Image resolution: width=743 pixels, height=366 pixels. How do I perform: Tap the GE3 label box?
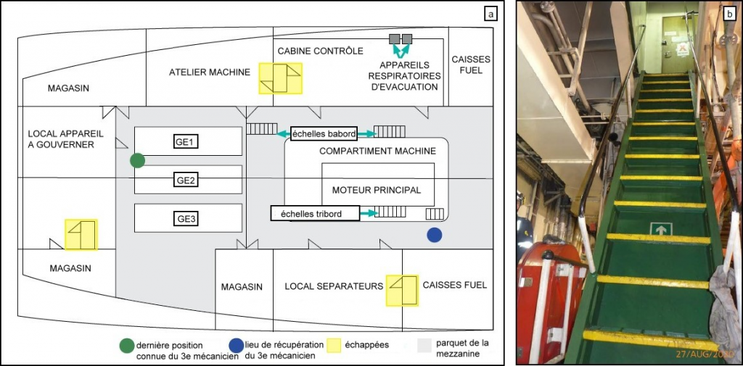(x=187, y=218)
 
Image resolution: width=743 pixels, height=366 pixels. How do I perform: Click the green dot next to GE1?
(x=138, y=160)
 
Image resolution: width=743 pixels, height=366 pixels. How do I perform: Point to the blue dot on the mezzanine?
(x=435, y=234)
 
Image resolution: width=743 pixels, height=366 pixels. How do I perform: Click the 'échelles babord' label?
(x=324, y=133)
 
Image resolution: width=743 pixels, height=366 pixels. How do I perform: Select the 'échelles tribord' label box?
(x=316, y=213)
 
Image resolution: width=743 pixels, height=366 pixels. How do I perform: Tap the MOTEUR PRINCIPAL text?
(x=377, y=191)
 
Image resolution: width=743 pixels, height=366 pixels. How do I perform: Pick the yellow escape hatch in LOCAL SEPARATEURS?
(x=403, y=290)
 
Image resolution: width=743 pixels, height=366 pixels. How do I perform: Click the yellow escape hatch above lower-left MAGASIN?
(x=81, y=235)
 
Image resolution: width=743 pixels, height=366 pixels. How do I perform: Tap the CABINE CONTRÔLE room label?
(x=320, y=51)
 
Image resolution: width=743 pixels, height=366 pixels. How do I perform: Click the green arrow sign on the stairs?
(x=661, y=230)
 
